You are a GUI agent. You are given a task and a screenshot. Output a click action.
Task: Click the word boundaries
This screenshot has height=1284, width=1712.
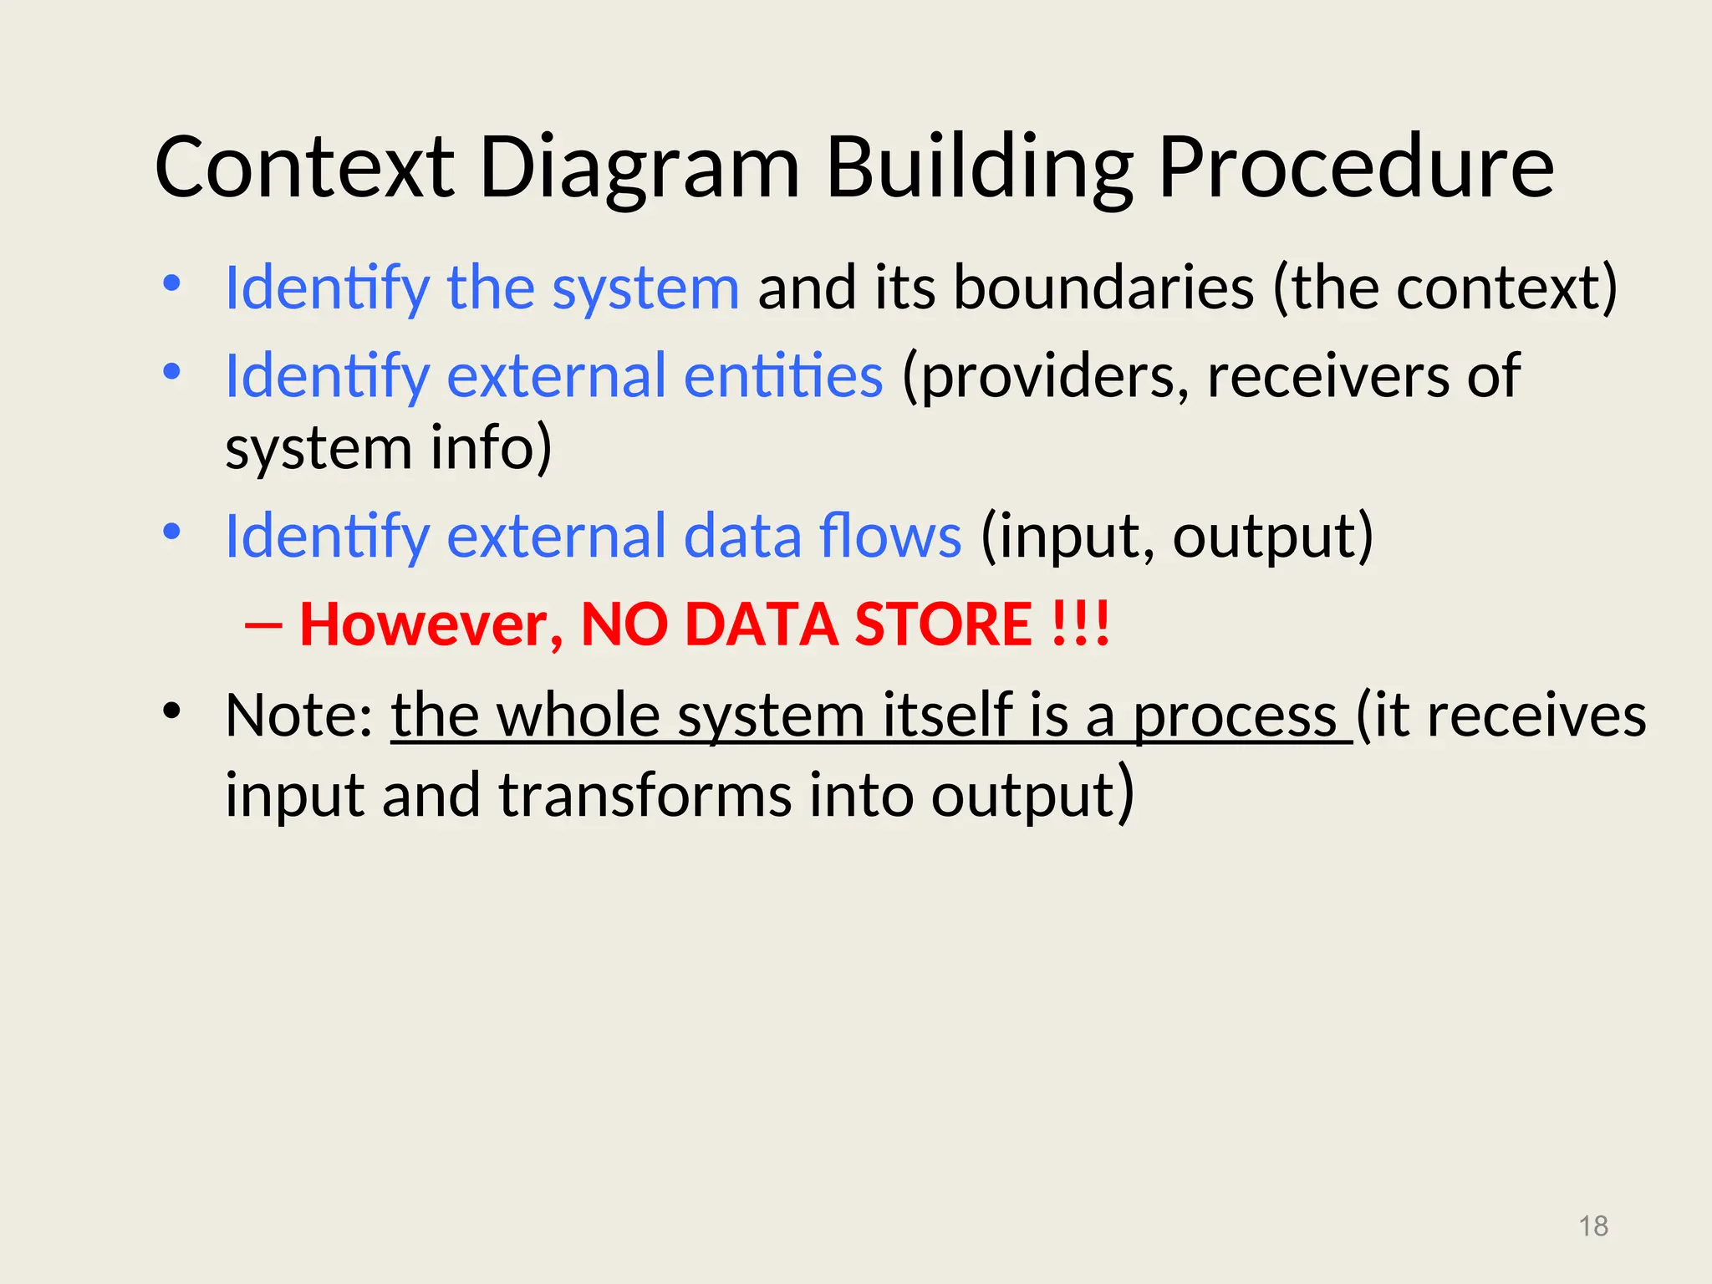click(x=1103, y=288)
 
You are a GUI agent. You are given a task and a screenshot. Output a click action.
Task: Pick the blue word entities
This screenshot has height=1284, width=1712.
click(x=783, y=375)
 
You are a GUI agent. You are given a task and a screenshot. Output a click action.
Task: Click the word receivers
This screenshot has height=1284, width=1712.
click(x=1328, y=375)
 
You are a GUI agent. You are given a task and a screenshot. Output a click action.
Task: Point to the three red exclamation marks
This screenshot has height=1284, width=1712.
click(x=1082, y=624)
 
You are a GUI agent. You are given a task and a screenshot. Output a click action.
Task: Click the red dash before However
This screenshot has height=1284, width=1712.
click(x=264, y=625)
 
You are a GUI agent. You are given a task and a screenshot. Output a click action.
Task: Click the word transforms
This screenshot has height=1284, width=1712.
click(x=645, y=795)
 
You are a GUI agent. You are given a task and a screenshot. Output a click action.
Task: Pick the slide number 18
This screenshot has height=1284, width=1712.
click(x=1593, y=1226)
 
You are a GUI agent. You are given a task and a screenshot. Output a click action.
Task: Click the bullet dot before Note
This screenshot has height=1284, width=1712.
click(x=172, y=711)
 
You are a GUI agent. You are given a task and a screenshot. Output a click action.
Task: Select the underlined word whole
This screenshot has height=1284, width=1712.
click(x=578, y=716)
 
